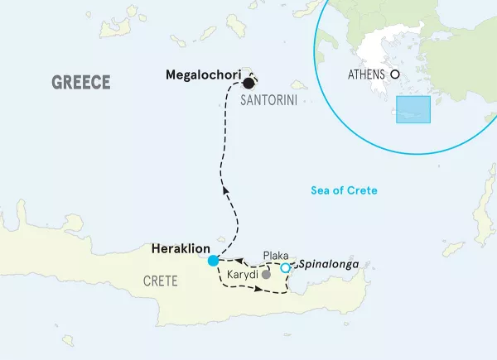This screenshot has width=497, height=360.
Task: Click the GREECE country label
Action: pyautogui.click(x=81, y=82)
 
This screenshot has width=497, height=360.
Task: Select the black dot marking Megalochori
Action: pyautogui.click(x=248, y=83)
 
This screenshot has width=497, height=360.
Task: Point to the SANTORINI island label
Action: pyautogui.click(x=268, y=100)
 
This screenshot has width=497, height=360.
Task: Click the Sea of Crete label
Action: pyautogui.click(x=344, y=190)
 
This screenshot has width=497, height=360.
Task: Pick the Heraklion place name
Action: pyautogui.click(x=181, y=247)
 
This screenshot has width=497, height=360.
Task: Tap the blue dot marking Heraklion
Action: pyautogui.click(x=213, y=260)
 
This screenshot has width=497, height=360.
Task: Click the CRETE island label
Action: pyautogui.click(x=160, y=281)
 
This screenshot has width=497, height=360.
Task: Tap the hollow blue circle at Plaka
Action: pyautogui.click(x=285, y=267)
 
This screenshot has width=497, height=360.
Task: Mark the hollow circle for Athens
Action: pyautogui.click(x=396, y=74)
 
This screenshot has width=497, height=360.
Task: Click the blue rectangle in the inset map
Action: pyautogui.click(x=413, y=110)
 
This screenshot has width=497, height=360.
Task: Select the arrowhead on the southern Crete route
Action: pyautogui.click(x=260, y=289)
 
